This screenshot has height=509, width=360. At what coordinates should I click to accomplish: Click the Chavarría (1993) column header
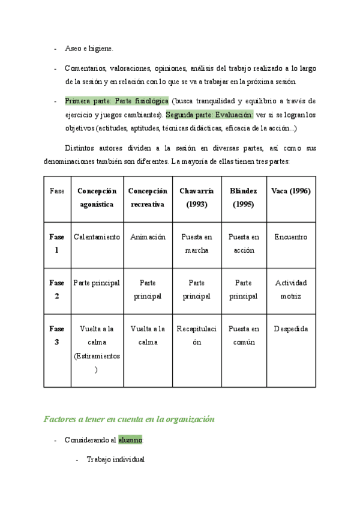pyautogui.click(x=197, y=197)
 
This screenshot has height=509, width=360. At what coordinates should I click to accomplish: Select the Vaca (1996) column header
pyautogui.click(x=290, y=191)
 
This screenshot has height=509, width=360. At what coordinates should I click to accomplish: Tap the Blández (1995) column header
pyautogui.click(x=244, y=197)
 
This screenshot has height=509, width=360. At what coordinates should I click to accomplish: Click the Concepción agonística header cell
pyautogui.click(x=97, y=197)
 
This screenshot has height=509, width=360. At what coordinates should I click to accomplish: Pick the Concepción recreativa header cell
pyautogui.click(x=148, y=197)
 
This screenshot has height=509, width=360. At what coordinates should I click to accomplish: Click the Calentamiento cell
pyautogui.click(x=97, y=237)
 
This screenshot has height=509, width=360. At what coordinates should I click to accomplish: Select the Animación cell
pyautogui.click(x=148, y=237)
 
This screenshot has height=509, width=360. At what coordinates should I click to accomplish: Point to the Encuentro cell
pyautogui.click(x=290, y=237)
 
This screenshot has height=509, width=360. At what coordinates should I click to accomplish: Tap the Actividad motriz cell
pyautogui.click(x=290, y=289)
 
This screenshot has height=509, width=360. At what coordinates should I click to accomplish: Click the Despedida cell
pyautogui.click(x=290, y=329)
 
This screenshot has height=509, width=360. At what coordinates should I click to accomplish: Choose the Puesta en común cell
pyautogui.click(x=244, y=336)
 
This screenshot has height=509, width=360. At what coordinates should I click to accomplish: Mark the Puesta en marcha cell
pyautogui.click(x=197, y=244)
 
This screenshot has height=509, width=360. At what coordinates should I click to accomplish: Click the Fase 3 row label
pyautogui.click(x=57, y=336)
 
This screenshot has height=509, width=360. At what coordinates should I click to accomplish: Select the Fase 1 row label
pyautogui.click(x=57, y=244)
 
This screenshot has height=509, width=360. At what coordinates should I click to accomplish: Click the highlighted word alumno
pyautogui.click(x=130, y=440)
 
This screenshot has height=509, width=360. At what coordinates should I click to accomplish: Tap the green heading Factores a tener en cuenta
pyautogui.click(x=128, y=420)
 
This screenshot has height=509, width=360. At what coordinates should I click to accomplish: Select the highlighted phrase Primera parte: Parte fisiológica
pyautogui.click(x=116, y=101)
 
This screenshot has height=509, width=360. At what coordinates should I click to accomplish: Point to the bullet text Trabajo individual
pyautogui.click(x=115, y=460)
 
